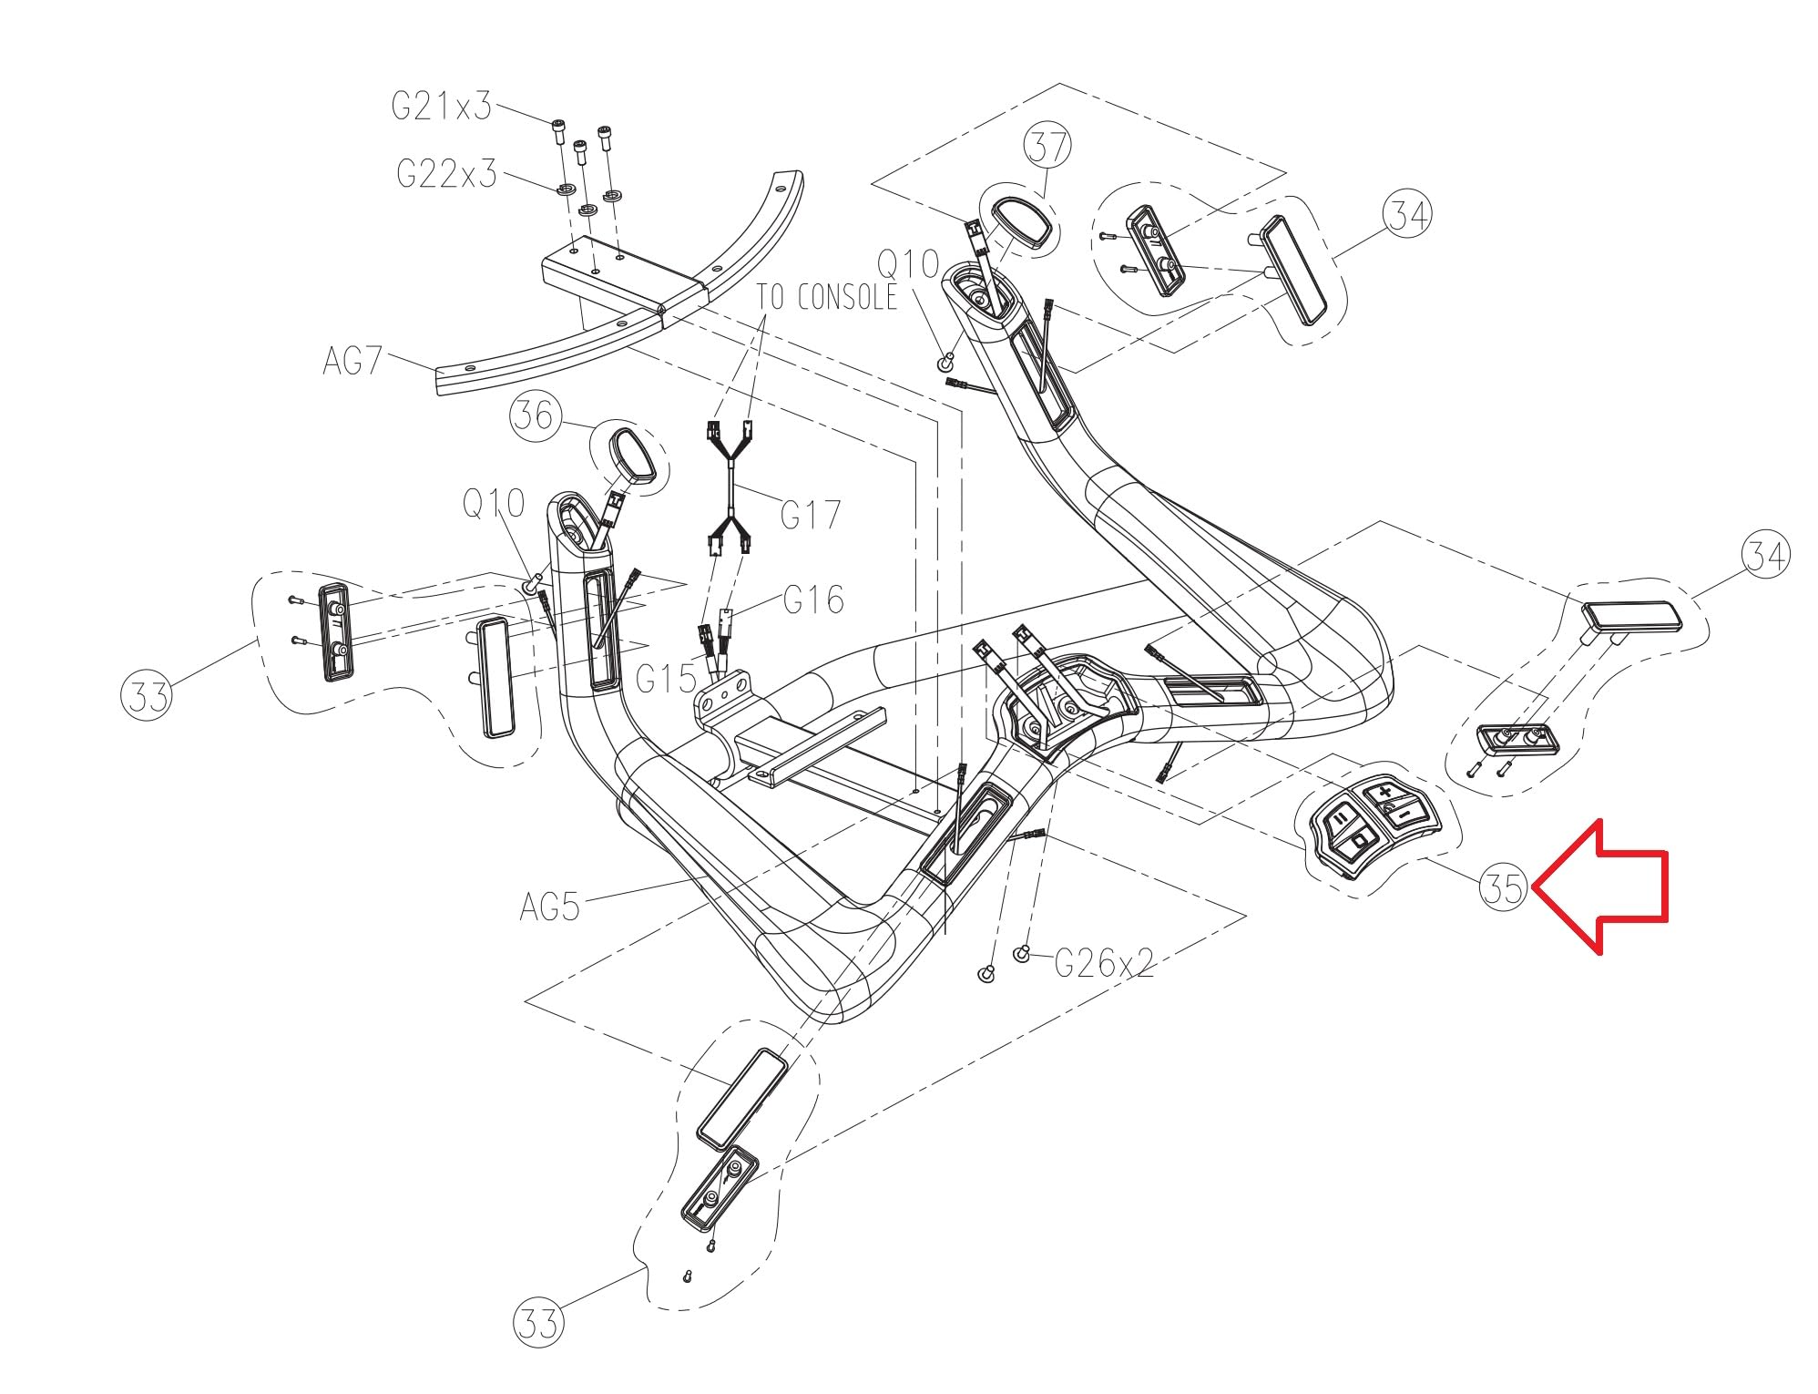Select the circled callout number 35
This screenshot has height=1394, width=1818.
(1504, 887)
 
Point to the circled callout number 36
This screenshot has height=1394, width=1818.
(533, 415)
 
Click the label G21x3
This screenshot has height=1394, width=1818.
(442, 108)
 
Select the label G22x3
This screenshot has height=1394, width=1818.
(446, 172)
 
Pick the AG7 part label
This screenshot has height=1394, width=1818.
(352, 362)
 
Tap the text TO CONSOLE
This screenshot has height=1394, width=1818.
(826, 297)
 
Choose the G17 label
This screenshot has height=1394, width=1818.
(811, 515)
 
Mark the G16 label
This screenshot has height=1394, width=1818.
(813, 600)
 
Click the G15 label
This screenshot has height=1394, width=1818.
(667, 678)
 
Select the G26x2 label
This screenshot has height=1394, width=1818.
(1104, 962)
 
